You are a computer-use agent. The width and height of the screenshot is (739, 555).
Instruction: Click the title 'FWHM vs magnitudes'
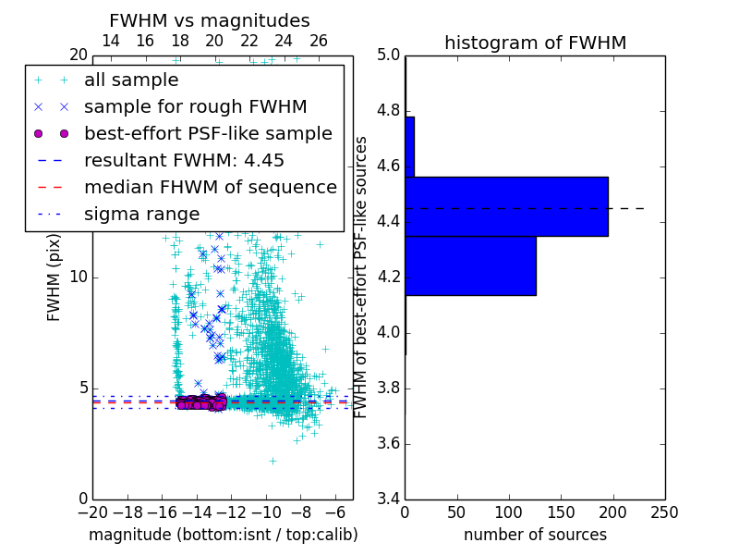[209, 20]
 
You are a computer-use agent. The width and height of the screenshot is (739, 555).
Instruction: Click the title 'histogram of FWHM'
[535, 43]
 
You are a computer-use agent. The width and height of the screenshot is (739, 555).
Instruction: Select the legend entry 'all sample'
[131, 80]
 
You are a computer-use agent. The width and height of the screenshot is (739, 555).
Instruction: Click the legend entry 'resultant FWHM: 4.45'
[184, 161]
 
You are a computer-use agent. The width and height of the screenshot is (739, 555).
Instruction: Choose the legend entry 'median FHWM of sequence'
[210, 188]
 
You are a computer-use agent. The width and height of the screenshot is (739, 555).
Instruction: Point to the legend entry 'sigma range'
[141, 215]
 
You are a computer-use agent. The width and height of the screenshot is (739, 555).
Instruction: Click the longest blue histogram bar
[506, 206]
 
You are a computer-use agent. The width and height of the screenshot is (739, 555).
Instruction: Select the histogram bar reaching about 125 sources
[470, 265]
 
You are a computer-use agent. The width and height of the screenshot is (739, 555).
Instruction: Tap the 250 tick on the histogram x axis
[664, 512]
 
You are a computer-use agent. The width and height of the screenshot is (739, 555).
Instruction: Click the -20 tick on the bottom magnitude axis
[92, 512]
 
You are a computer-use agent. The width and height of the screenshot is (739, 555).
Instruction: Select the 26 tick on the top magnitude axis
[319, 42]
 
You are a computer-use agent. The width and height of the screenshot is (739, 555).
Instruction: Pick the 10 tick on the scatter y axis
[79, 277]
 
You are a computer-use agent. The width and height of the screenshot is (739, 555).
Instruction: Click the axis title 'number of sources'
[535, 535]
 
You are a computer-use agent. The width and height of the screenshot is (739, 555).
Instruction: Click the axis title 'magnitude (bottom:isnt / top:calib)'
[223, 535]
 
